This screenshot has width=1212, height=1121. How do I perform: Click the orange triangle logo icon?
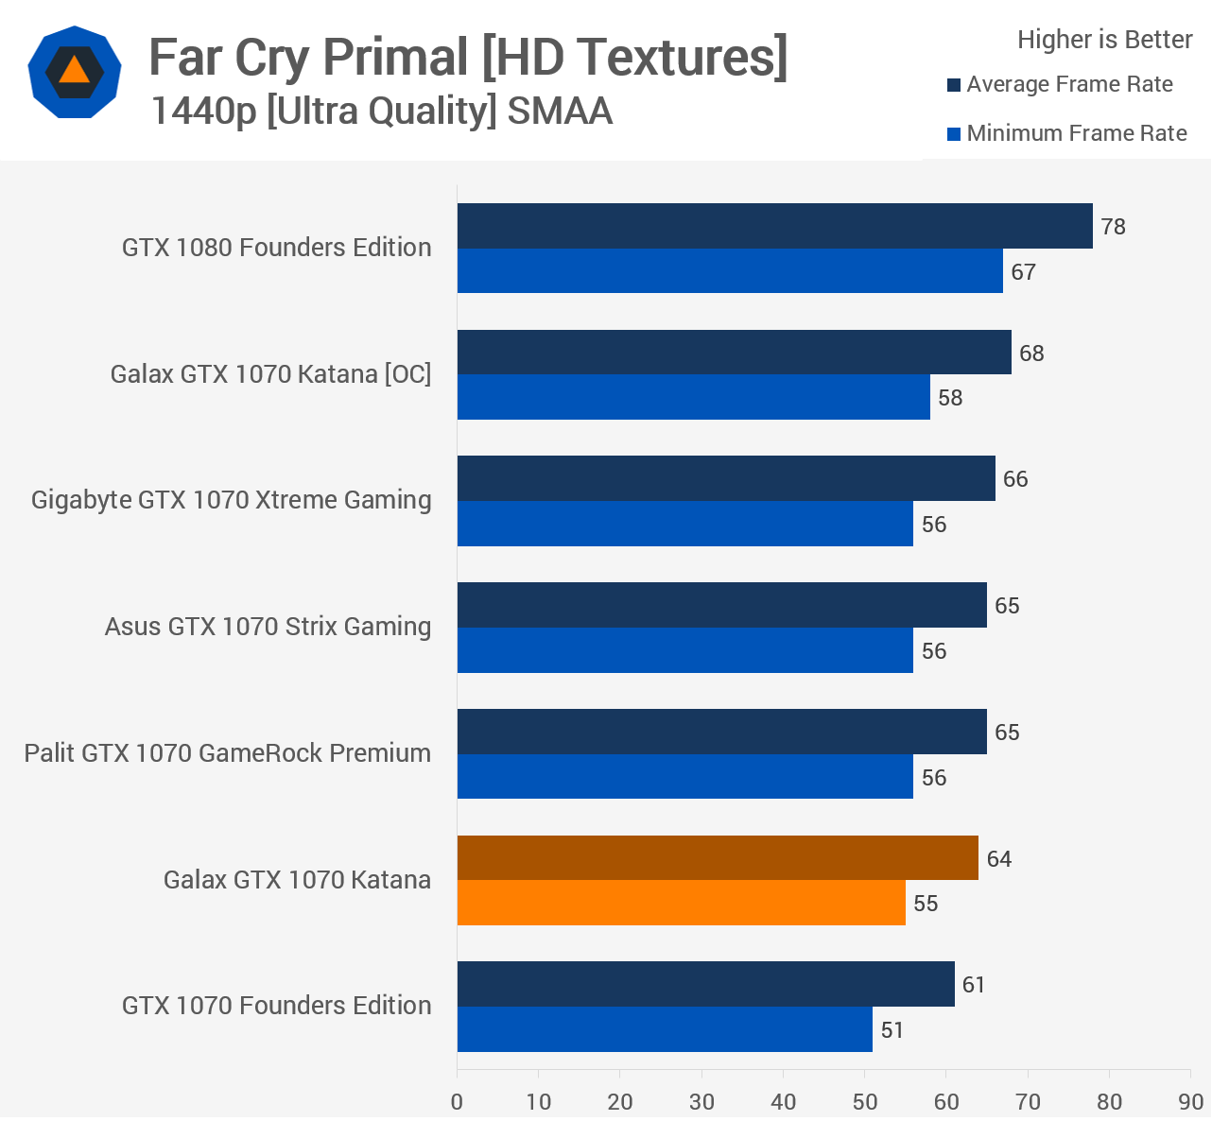[74, 72]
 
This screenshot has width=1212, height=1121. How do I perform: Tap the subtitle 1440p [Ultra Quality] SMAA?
[381, 112]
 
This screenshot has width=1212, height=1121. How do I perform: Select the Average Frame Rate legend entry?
[1069, 84]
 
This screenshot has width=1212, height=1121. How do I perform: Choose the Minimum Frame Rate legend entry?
[1076, 133]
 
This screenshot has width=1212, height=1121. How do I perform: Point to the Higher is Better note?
[1104, 40]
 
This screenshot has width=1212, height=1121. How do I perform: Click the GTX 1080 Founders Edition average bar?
[774, 226]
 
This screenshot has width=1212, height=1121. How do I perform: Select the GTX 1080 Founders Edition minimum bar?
[730, 271]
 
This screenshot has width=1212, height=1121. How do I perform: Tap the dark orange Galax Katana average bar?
[718, 858]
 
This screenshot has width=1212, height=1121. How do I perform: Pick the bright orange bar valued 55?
[681, 903]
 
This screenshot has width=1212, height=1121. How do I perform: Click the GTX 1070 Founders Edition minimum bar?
[665, 1029]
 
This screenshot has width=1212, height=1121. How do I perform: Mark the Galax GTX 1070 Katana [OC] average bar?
[734, 353]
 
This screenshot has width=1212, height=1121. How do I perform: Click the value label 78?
[1113, 227]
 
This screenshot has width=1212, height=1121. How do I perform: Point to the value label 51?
[892, 1030]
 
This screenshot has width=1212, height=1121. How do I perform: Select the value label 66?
[1015, 479]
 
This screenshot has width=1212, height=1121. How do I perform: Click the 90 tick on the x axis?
[1190, 1101]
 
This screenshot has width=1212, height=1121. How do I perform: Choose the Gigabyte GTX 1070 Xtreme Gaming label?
[232, 500]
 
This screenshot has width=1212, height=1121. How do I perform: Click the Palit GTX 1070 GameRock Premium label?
[228, 753]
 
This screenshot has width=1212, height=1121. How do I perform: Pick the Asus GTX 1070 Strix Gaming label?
[268, 627]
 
